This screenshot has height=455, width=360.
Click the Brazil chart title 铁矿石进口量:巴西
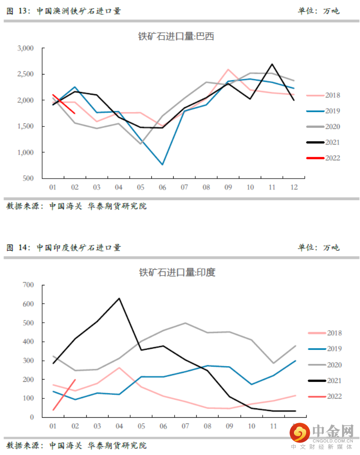pyautogui.click(x=176, y=36)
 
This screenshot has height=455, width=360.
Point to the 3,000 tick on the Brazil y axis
pyautogui.click(x=26, y=48)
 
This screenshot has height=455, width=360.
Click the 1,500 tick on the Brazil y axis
pyautogui.click(x=26, y=127)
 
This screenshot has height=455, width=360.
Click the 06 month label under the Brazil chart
pyautogui.click(x=162, y=187)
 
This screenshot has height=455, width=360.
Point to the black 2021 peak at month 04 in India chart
pyautogui.click(x=119, y=298)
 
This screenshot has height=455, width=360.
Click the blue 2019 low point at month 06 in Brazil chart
pyautogui.click(x=162, y=165)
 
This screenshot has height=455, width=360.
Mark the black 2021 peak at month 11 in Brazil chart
pyautogui.click(x=272, y=64)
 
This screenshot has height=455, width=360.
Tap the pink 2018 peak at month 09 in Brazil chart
pyautogui.click(x=228, y=69)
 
